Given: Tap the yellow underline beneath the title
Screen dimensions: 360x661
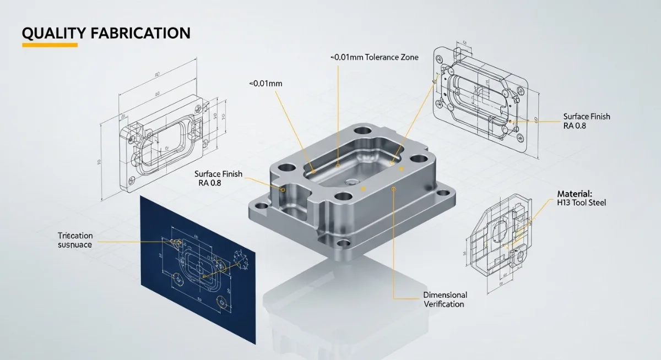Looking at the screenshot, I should point(50,45).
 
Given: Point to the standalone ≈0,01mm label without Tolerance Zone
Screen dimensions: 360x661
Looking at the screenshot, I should point(266,83).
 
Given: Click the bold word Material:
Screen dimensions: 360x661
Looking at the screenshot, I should point(574,194).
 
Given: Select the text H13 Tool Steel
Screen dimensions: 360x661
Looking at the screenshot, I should point(581,203).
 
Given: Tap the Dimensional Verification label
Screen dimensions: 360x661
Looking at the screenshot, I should point(444,299).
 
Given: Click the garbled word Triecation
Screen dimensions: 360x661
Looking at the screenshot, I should point(75,236).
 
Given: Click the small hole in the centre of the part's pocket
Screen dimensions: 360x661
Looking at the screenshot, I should point(351,181).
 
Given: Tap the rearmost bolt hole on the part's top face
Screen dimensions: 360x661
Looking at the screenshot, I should point(362,132).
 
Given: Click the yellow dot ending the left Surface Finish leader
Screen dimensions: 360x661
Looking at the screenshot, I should point(283,189).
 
